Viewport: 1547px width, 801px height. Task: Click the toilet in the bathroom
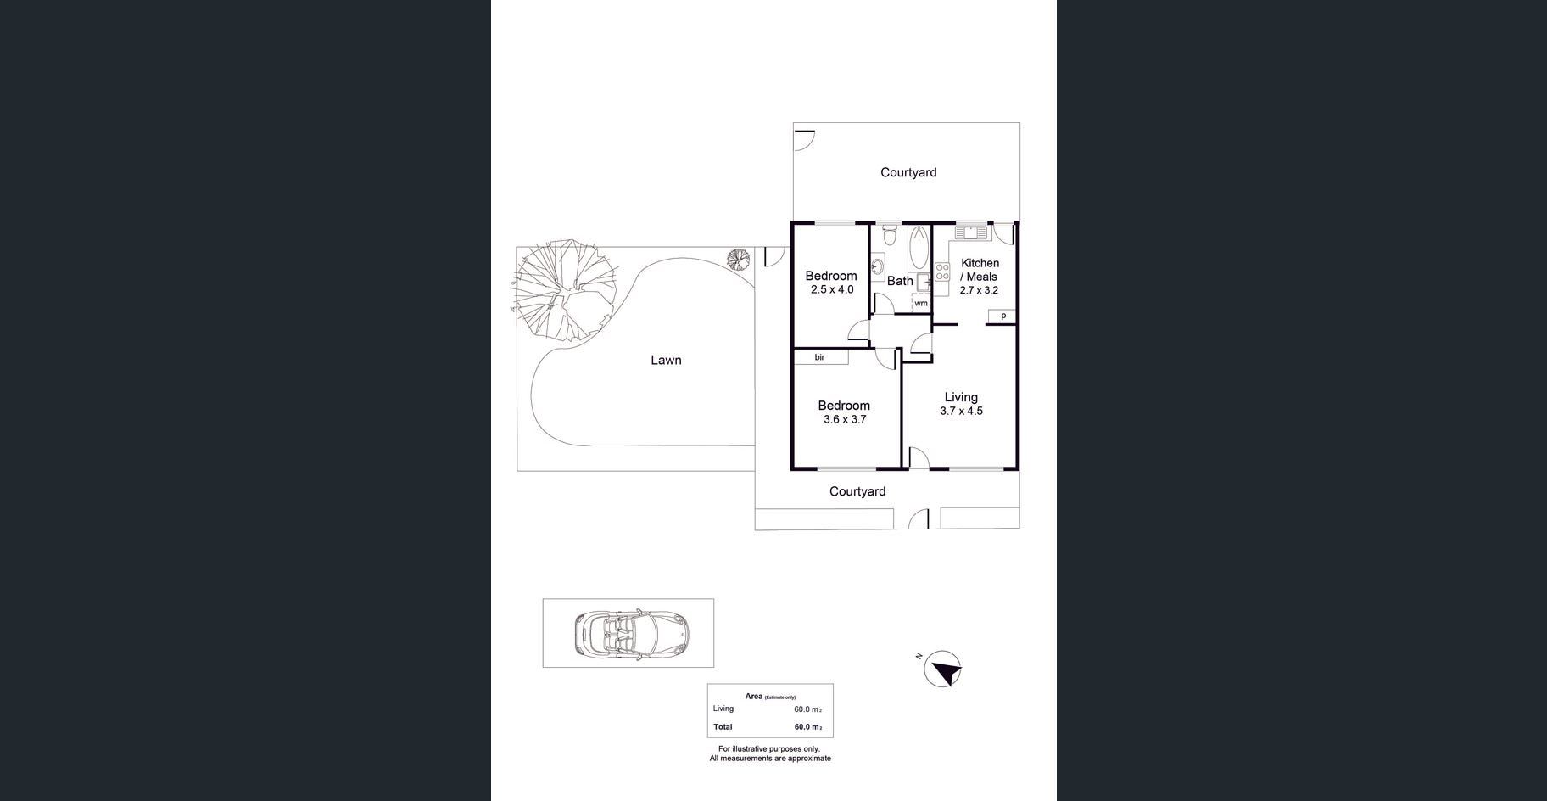pos(889,231)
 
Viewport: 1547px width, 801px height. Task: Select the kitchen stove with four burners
pos(941,272)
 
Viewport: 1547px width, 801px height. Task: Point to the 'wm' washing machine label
pos(921,303)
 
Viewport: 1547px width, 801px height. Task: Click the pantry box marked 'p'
pos(1002,316)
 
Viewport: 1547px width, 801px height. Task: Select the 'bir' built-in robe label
pos(819,357)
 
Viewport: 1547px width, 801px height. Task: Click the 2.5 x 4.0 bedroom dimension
pos(832,289)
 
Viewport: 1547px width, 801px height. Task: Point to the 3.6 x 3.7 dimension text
pos(845,419)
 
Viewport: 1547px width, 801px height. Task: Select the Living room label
pos(961,397)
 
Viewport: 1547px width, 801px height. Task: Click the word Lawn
pos(666,360)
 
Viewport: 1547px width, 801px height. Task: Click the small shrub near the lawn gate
pos(739,258)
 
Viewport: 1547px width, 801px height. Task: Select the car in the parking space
pos(633,633)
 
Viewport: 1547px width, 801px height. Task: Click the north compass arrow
pos(943,669)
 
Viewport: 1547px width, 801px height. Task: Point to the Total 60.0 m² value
pos(808,727)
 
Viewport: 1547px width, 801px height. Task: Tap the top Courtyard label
pos(908,172)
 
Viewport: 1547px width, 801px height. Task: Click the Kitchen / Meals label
pos(980,270)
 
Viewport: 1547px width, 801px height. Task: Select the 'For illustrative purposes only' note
pos(769,749)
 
